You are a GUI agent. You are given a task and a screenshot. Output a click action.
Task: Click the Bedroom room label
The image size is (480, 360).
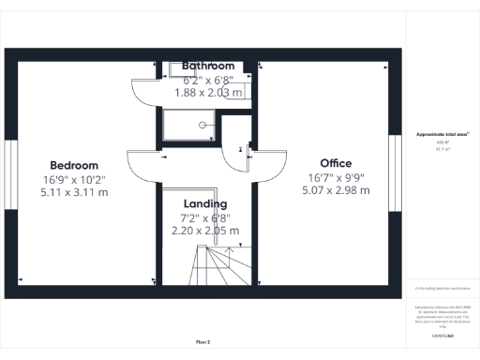click(x=73, y=165)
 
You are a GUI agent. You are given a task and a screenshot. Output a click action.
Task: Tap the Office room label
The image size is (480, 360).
click(x=336, y=162)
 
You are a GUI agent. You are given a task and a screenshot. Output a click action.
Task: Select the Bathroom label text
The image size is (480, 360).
click(x=208, y=66)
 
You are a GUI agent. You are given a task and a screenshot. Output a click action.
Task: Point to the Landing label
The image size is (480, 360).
click(x=206, y=203)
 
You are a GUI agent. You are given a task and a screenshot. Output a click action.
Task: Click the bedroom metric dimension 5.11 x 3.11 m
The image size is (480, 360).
click(x=73, y=192)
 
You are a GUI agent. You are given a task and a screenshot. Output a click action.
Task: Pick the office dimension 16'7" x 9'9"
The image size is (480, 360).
click(x=336, y=176)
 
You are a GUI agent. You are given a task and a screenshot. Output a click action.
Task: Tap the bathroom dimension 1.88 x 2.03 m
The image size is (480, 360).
click(x=208, y=92)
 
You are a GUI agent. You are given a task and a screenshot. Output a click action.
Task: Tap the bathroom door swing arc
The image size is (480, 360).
click(x=145, y=92)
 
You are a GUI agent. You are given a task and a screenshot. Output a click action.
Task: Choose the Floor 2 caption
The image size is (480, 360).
click(x=202, y=342)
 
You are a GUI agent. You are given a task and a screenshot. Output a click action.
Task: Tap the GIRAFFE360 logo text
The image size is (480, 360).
click(x=442, y=335)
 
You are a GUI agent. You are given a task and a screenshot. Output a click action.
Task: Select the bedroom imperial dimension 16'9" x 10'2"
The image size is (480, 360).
click(x=73, y=179)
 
